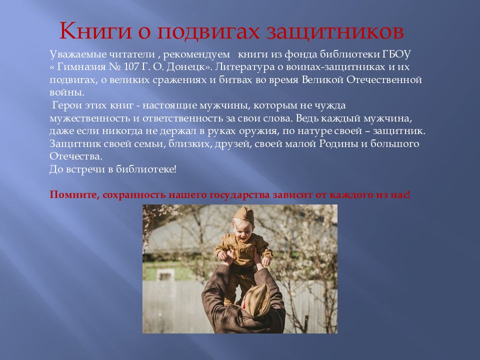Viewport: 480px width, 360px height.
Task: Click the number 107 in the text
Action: pos(131,66)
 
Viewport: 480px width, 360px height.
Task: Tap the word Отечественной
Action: pos(384,80)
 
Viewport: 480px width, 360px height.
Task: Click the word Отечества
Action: pos(75,156)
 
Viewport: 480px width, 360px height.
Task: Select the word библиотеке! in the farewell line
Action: pos(146,169)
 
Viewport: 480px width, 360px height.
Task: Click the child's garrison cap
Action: pos(244,214)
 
